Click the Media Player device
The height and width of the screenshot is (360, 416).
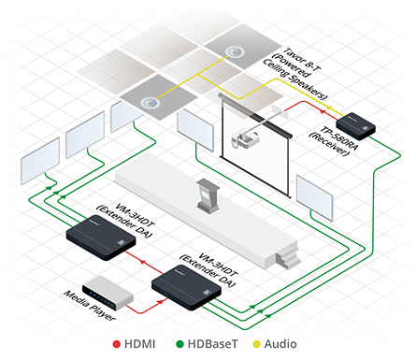coord(108,293)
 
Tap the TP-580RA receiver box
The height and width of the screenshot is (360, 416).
coord(356,126)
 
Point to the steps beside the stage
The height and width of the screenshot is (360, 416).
coord(288,255)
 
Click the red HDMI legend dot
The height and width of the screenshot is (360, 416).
coord(117,344)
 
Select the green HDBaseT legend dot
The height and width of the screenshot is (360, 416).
coord(179,344)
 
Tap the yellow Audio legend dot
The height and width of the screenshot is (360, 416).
coord(256,344)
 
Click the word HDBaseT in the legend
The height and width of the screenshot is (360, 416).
coord(212,344)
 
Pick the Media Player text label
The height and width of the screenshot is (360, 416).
coord(90,306)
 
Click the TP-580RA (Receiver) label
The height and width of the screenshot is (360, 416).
coord(333,141)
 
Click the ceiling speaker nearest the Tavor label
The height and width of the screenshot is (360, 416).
coord(234,51)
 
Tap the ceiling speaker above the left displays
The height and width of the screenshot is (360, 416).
coord(149,102)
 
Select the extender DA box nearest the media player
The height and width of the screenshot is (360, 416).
coord(186,287)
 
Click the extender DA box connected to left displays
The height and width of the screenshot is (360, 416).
coord(101,238)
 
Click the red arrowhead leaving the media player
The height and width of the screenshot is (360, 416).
coord(161,301)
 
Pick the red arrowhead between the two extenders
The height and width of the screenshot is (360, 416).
coord(143,261)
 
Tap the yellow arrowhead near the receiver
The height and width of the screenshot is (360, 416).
coord(327,108)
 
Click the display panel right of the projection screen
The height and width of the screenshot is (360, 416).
coord(315,197)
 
